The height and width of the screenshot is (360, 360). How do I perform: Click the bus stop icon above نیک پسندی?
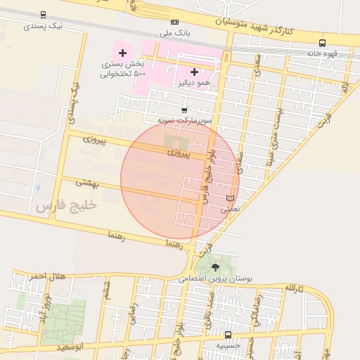click(44, 15)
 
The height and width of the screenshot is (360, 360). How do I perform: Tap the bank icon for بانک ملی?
click(174, 22)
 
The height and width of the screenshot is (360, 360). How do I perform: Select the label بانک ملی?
click(174, 33)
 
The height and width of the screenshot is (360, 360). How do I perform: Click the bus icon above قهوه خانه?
click(322, 43)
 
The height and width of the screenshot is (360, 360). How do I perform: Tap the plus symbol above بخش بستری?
click(123, 53)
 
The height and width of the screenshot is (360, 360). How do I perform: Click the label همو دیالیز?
click(194, 83)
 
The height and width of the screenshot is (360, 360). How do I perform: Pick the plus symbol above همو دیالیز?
click(194, 72)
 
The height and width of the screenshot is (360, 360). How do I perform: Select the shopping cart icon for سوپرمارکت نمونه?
click(184, 110)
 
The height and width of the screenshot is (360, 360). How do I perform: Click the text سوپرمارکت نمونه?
click(184, 120)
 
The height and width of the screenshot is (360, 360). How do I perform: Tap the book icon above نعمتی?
click(230, 198)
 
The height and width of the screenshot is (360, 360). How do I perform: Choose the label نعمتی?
click(230, 209)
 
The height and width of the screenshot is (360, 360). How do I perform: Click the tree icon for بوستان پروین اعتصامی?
click(216, 266)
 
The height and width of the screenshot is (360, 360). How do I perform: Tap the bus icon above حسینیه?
click(228, 335)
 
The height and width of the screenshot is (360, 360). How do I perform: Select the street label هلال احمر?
click(47, 276)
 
